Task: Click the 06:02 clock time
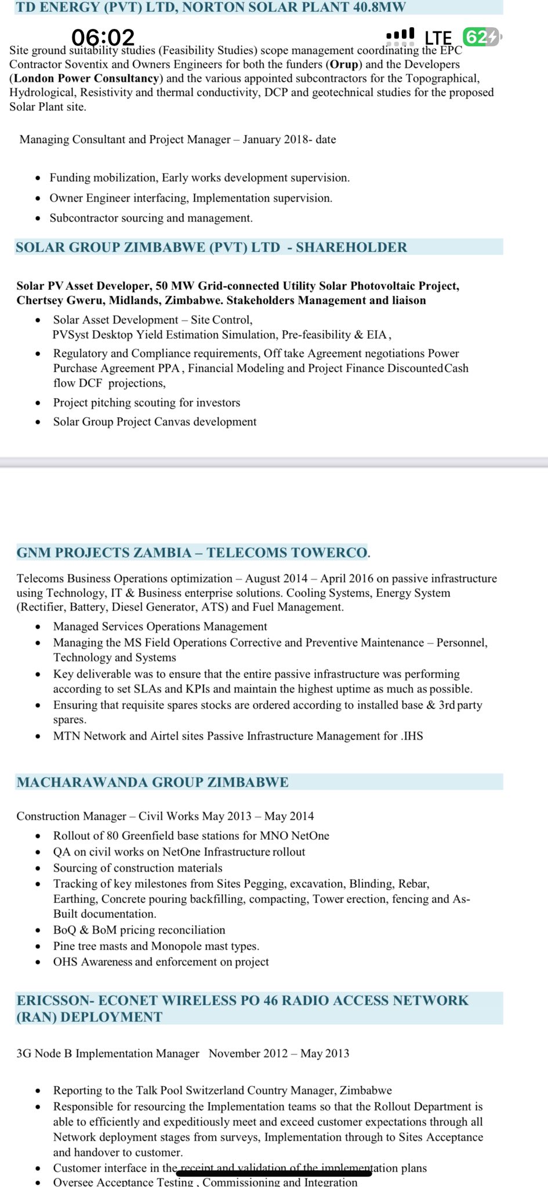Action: [103, 38]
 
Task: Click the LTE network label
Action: [438, 38]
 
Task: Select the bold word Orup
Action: [344, 64]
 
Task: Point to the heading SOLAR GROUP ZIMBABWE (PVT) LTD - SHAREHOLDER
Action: [211, 247]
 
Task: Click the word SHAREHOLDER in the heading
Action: [351, 247]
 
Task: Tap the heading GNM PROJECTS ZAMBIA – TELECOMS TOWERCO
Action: [192, 552]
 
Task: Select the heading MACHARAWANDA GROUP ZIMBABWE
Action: [153, 782]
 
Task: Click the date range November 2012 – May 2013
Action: [279, 1053]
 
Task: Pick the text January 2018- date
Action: [289, 139]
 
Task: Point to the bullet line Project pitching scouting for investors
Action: [146, 402]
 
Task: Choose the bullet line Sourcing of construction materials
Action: [137, 868]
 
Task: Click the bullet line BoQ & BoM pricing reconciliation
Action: [139, 930]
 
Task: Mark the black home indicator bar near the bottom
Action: [274, 1174]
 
